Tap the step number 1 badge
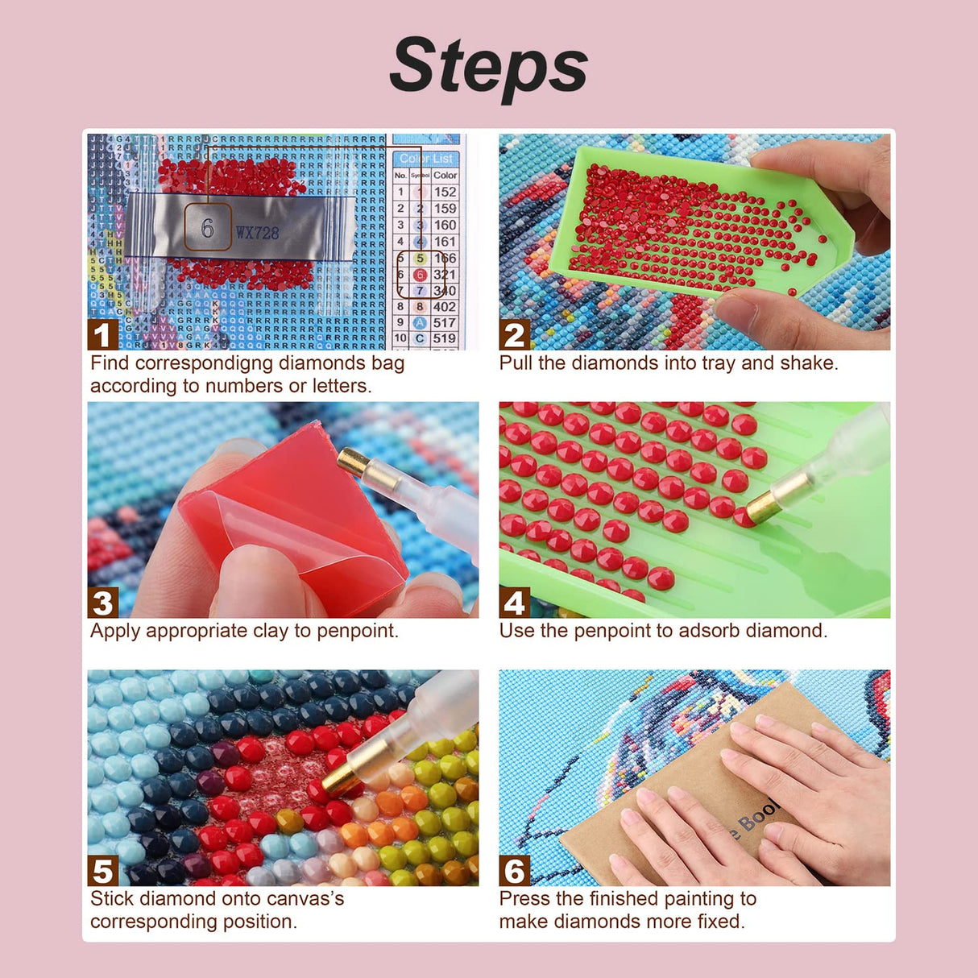click(x=102, y=334)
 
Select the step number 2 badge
click(x=514, y=334)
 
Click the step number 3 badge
click(x=102, y=603)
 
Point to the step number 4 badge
click(x=514, y=603)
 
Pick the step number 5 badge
click(x=102, y=871)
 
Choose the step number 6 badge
click(x=514, y=871)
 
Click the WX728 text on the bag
click(x=257, y=233)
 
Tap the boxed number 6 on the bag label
click(x=207, y=228)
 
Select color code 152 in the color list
click(x=445, y=192)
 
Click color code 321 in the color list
click(x=445, y=275)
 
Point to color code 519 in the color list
click(x=445, y=339)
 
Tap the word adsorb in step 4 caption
click(x=709, y=631)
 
